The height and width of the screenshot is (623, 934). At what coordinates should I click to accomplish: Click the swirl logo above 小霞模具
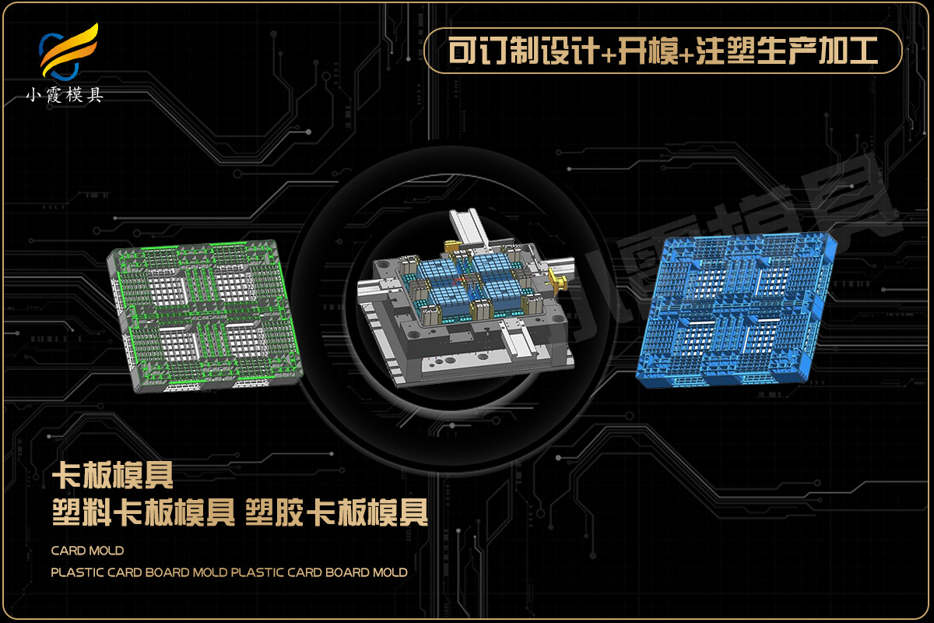click(x=68, y=51)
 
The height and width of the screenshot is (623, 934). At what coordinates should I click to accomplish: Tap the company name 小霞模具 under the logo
click(x=65, y=96)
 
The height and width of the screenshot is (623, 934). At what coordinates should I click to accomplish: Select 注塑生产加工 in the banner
click(x=788, y=51)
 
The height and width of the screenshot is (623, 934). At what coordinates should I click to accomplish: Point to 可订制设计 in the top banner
click(x=525, y=51)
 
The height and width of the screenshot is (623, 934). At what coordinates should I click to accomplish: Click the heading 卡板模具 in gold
click(x=113, y=475)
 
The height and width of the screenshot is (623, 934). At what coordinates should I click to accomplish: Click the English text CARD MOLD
click(x=87, y=551)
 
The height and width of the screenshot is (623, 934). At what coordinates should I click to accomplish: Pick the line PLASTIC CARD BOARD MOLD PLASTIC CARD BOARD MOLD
click(x=230, y=572)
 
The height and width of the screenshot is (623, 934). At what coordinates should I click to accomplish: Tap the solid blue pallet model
click(x=736, y=310)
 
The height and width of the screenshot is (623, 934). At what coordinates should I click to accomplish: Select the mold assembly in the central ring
click(x=465, y=298)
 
